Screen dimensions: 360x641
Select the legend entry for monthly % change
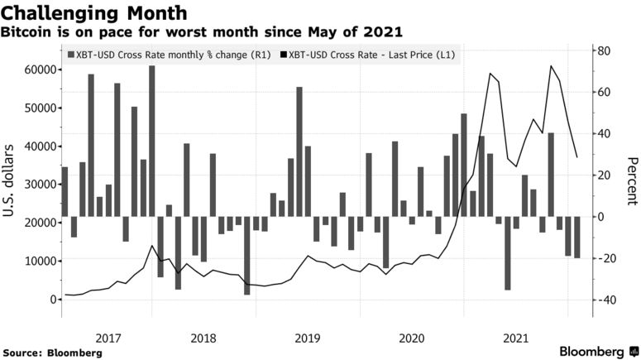click(167, 55)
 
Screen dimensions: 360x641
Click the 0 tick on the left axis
click(51, 299)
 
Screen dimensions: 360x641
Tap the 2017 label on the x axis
click(109, 338)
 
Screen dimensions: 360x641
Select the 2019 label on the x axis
click(307, 338)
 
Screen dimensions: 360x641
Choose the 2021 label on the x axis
click(515, 338)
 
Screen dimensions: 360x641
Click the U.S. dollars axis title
click(12, 183)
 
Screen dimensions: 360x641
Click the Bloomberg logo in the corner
click(595, 351)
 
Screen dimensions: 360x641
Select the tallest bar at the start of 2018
click(152, 141)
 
